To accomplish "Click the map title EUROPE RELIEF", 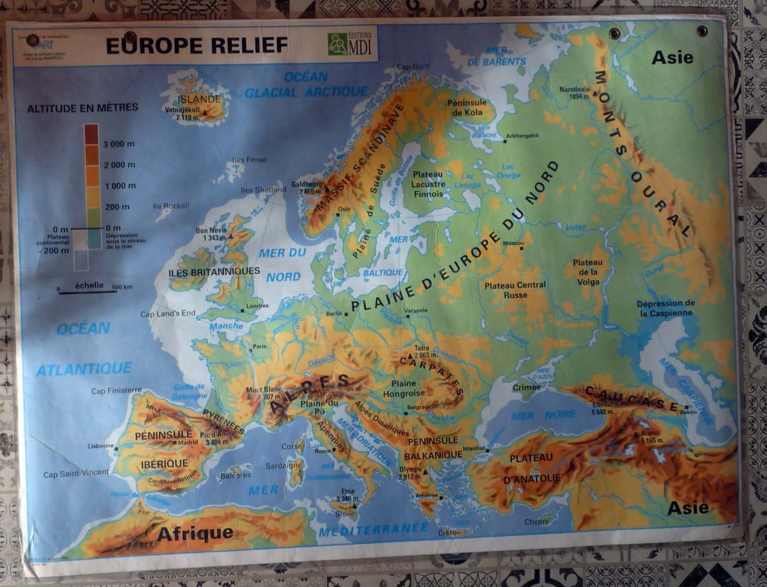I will click(x=196, y=46).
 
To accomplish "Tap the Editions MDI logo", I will click(x=349, y=44).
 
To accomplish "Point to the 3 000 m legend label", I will click(x=119, y=144).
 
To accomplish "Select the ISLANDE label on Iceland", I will click(x=199, y=99).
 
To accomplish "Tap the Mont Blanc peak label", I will click(x=264, y=389).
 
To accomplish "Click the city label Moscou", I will click(x=513, y=244).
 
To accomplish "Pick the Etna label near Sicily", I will click(x=347, y=492).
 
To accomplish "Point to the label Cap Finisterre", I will click(x=116, y=390).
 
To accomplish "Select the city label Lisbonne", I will click(x=101, y=446).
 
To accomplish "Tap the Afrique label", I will click(x=195, y=534).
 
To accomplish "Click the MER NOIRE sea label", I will click(x=543, y=415).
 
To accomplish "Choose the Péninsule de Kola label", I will click(x=467, y=107).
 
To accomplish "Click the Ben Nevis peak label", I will click(x=212, y=231).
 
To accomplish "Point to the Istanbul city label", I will click(x=475, y=448).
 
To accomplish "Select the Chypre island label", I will click(x=537, y=521).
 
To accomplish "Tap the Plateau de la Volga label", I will click(x=587, y=271).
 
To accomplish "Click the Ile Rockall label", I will click(x=171, y=206).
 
